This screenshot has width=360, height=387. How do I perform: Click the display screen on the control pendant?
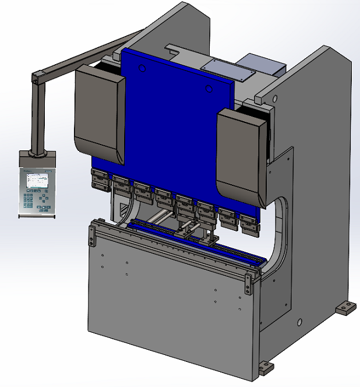click(x=36, y=180)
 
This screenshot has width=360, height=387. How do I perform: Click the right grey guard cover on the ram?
click(x=242, y=152)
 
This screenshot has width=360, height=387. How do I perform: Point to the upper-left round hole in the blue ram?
click(x=142, y=68)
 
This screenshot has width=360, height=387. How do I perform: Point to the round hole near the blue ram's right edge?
click(x=210, y=89)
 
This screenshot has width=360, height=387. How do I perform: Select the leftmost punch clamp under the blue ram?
click(x=100, y=178)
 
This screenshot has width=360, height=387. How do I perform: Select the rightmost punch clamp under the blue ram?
click(x=249, y=221)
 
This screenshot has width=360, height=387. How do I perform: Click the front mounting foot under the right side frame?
click(x=265, y=368)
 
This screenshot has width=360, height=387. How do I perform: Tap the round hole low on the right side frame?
click(x=299, y=322)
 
